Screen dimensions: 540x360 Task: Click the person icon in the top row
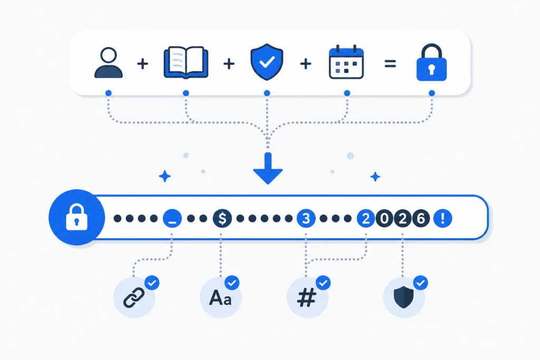tap(109, 63)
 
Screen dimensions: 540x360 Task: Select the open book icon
tap(186, 62)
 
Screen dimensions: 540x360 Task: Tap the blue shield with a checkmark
tap(267, 62)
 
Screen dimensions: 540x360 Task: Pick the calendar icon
tap(346, 62)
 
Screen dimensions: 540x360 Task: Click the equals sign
tap(390, 64)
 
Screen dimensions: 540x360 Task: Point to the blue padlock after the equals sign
tap(431, 63)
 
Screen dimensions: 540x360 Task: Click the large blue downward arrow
tap(268, 169)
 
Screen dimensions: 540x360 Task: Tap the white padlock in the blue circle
tap(76, 217)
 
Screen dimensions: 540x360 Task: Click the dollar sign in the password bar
tap(222, 218)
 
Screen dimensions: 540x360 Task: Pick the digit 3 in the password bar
tap(306, 218)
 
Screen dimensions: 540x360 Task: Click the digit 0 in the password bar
tap(384, 218)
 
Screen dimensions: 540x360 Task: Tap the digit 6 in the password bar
tap(420, 218)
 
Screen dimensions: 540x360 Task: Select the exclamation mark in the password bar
tap(442, 218)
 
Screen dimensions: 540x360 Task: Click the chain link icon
tap(134, 297)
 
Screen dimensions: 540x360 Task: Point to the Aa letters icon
tap(220, 298)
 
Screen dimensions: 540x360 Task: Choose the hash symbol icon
tap(307, 297)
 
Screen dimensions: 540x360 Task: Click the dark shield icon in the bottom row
tap(403, 297)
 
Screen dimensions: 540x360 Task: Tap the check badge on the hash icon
tap(323, 283)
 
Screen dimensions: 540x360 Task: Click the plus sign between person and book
tap(142, 64)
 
